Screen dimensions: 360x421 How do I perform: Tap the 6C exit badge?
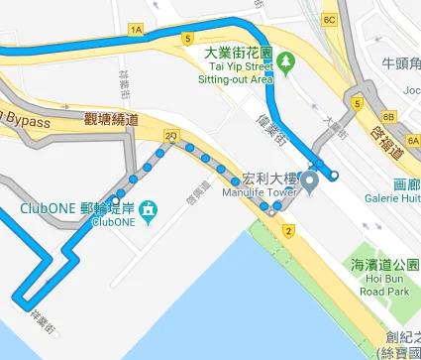[330, 19]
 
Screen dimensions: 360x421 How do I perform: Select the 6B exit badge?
[389, 116]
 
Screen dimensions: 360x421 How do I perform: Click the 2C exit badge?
[171, 135]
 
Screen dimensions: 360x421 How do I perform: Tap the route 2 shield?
[288, 231]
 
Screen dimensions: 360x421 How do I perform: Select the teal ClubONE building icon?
[149, 209]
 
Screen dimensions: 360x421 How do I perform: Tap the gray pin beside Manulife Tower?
[309, 181]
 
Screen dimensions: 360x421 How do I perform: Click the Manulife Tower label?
[263, 192]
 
